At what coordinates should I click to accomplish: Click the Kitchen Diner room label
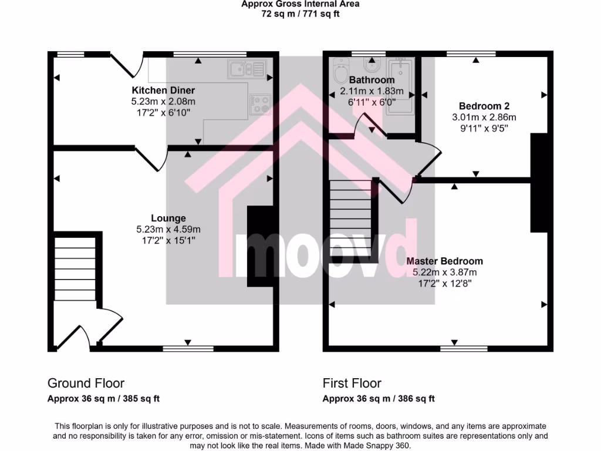163,90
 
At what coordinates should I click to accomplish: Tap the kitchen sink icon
246,69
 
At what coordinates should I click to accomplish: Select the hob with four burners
260,103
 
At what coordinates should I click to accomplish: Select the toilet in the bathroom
340,71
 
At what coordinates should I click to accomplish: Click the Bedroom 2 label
484,106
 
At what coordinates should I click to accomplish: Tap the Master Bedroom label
445,261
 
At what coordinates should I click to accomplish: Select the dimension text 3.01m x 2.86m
484,117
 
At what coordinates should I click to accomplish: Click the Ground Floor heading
86,383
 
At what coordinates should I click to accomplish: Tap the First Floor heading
352,383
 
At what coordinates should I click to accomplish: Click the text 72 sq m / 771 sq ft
300,14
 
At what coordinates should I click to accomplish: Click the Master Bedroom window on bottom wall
455,348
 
